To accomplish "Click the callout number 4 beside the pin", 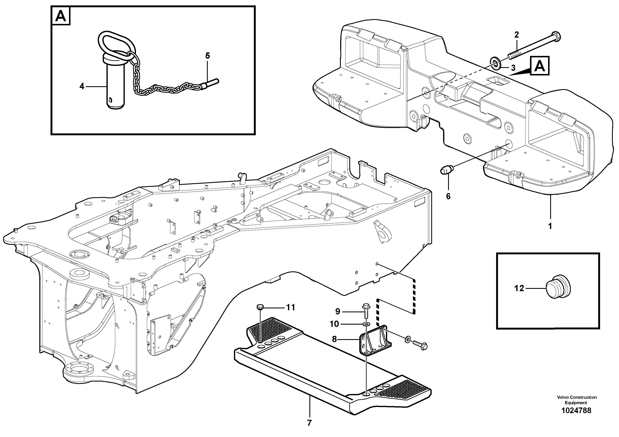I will pos(82,86).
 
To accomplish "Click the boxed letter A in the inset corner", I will pos(61,16).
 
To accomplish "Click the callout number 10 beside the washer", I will pos(334,324).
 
